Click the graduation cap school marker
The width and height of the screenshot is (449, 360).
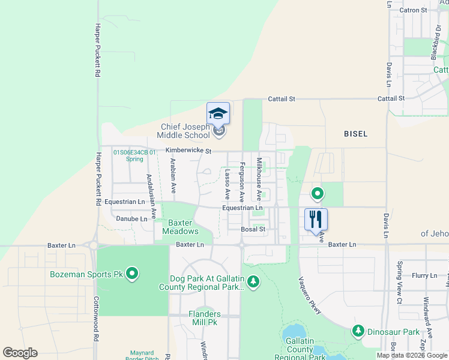pos(218,113)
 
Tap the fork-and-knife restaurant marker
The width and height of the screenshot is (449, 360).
pos(316,219)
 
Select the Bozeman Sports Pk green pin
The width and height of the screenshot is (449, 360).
pos(133,275)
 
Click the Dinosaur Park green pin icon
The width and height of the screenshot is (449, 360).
pos(358,331)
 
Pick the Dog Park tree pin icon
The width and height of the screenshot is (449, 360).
pos(253,281)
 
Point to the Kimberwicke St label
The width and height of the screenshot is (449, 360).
pos(188,151)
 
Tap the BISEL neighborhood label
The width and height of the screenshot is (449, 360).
pos(355,134)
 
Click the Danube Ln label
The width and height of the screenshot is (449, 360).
pos(131,219)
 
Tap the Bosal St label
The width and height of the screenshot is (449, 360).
pos(253,229)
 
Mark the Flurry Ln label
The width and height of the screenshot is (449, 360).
pos(424,275)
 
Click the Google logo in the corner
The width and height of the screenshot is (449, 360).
pos(20,352)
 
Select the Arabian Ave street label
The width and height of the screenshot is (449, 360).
pos(173,175)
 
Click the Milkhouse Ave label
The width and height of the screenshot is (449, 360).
pos(259,179)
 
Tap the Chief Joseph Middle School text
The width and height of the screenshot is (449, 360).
pos(185,131)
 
